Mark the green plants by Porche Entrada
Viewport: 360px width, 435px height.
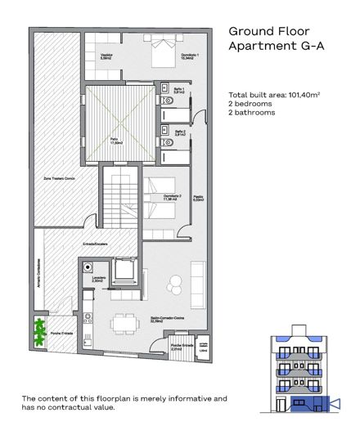tap(36, 334)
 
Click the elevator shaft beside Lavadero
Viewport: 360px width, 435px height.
tap(126, 271)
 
